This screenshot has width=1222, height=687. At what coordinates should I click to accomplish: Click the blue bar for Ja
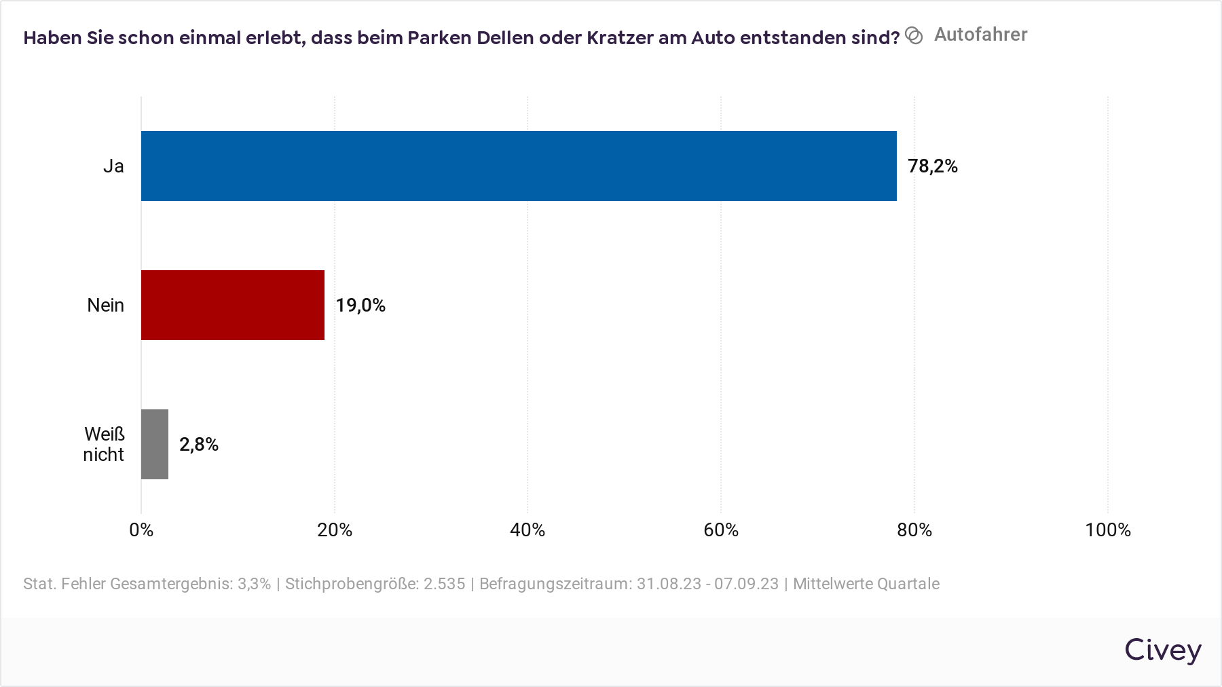point(519,166)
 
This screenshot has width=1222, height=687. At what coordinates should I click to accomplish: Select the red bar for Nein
point(232,305)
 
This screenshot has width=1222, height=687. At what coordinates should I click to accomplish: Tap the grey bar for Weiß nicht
point(154,444)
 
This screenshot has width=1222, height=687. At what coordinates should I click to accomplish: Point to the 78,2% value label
point(932,166)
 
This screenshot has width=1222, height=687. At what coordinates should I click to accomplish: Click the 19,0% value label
point(360,305)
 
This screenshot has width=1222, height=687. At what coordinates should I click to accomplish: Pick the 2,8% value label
point(199,445)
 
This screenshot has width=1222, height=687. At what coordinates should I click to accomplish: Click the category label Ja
point(113,166)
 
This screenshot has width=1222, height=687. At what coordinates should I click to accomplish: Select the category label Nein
point(105,305)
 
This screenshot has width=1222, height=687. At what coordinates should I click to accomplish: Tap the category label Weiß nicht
point(104,444)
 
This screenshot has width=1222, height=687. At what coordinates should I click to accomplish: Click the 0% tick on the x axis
point(141,530)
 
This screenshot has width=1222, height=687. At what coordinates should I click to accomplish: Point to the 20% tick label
point(335,530)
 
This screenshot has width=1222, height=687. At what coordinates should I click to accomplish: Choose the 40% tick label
point(527,530)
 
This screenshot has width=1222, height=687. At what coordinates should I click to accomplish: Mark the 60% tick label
point(721,530)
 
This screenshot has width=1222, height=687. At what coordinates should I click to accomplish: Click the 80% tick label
point(914,530)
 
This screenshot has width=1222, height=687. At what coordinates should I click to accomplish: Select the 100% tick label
point(1107,530)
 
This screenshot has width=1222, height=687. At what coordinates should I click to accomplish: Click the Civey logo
point(1162,650)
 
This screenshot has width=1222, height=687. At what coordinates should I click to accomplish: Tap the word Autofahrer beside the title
point(980,35)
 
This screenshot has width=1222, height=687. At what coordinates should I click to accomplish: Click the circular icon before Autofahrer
point(914,36)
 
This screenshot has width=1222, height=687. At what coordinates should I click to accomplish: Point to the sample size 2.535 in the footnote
point(444,584)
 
